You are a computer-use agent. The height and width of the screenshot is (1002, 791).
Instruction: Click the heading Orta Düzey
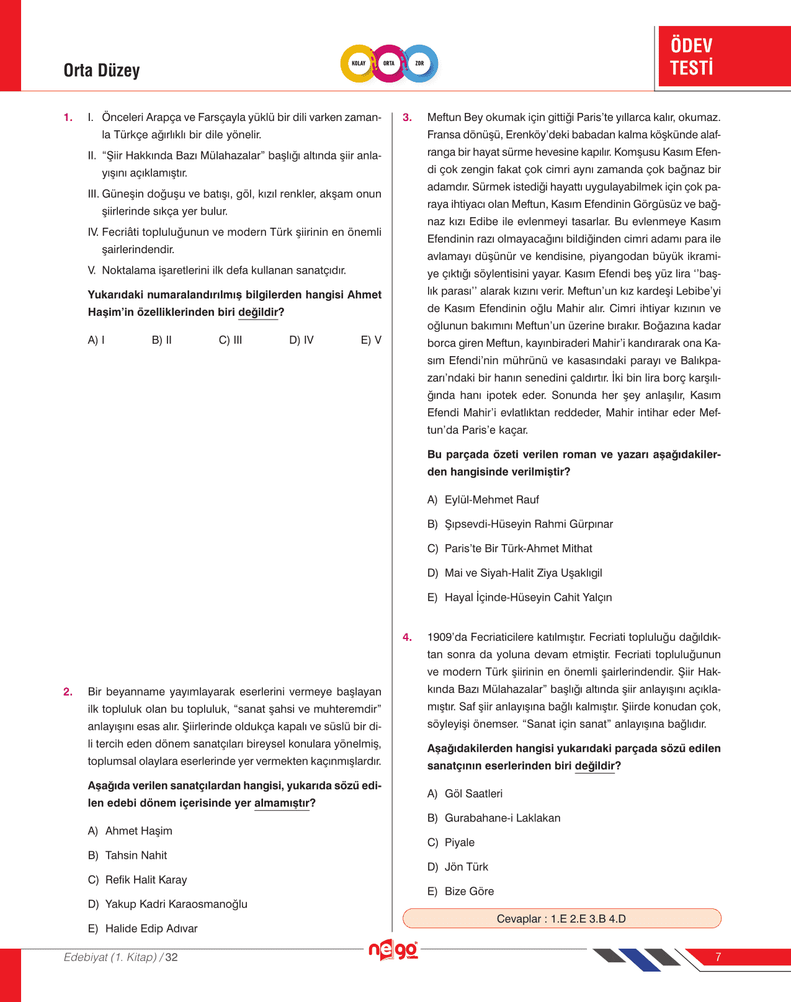coord(102,71)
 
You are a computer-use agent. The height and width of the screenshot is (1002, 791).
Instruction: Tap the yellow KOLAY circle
coord(359,63)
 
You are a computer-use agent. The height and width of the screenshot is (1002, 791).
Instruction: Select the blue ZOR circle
coord(420,63)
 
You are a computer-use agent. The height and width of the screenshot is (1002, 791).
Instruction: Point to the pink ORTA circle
coord(389,63)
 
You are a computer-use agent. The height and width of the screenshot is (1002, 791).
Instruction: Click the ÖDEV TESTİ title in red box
coord(692,56)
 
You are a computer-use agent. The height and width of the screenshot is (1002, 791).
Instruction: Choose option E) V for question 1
coord(371,340)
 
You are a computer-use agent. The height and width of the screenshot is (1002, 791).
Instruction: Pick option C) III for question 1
coord(230,340)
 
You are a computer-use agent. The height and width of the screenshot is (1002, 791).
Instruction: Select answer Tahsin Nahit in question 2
coord(136,856)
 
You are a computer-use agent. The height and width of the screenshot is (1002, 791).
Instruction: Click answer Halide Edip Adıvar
coord(151,929)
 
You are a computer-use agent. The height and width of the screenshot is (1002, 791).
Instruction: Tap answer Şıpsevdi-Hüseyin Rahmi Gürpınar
coord(528,524)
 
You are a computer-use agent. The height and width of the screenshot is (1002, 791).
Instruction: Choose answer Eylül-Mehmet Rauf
coord(491,500)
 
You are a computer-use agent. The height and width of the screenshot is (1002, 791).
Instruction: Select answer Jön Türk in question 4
coord(466,867)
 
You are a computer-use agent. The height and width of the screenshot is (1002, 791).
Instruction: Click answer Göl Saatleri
coord(473,794)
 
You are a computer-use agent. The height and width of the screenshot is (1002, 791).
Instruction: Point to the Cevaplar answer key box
coord(561,919)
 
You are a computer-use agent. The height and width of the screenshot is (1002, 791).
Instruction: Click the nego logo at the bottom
coord(393,951)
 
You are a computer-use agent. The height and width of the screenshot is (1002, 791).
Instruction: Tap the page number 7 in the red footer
coord(718,957)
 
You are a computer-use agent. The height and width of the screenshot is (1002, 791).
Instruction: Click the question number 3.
coord(407,117)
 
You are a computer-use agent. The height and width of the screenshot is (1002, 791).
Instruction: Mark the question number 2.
coord(68,692)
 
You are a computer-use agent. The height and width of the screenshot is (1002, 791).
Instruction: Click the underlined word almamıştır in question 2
coord(282,803)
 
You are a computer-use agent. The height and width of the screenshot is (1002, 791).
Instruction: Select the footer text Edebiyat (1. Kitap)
coord(110,957)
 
